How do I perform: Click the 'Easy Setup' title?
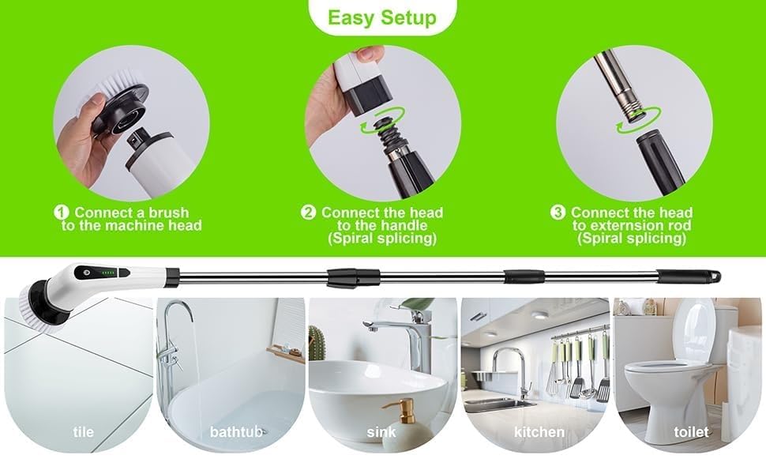click(x=382, y=17)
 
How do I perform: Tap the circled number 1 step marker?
click(x=62, y=213)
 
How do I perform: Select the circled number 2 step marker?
click(x=309, y=213)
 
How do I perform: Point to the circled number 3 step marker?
click(x=558, y=213)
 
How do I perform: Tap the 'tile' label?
click(x=82, y=432)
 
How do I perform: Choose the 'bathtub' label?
click(x=232, y=432)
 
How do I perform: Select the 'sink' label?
click(x=382, y=432)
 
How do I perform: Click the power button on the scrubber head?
click(x=86, y=272)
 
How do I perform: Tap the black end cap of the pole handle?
click(x=690, y=277)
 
